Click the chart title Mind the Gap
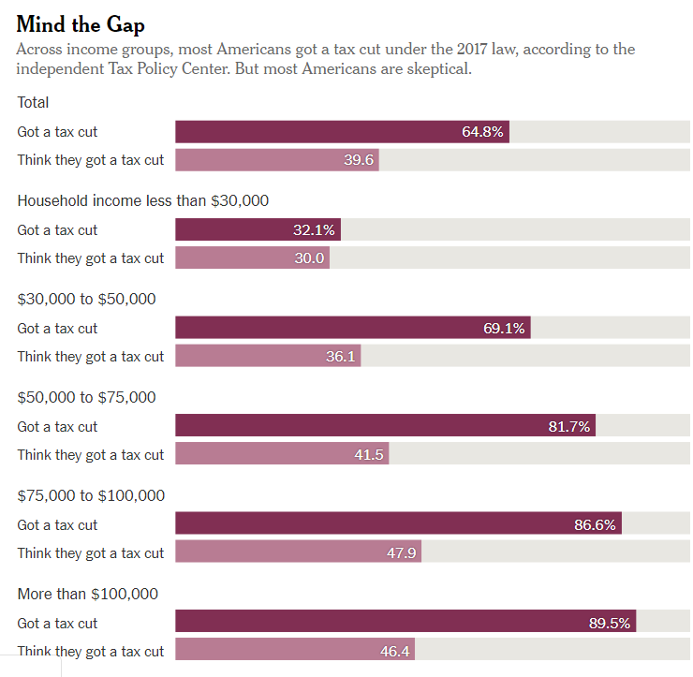pos(81,23)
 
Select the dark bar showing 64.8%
pos(342,132)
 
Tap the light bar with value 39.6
pos(277,160)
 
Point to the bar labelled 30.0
pos(252,258)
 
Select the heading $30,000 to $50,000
pos(86,299)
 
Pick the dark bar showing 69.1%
pos(352,329)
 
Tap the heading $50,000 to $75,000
pos(86,397)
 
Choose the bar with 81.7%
pos(385,427)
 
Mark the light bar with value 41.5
pos(282,455)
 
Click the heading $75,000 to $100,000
pos(91,495)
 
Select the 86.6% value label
pos(595,525)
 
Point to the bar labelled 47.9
pos(298,553)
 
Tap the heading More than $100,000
pos(88,594)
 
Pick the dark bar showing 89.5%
pos(405,624)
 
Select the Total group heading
pos(34,102)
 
